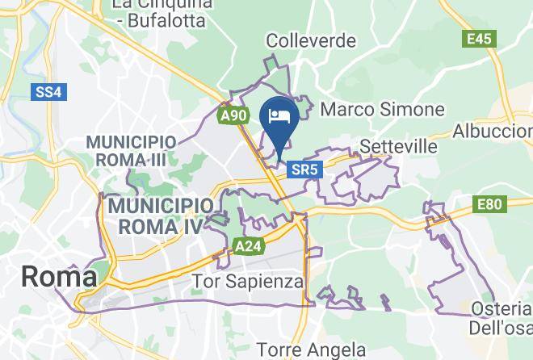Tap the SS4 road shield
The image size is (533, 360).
click(48, 92)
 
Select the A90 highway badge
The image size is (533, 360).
click(233, 116)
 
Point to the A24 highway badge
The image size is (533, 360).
click(247, 244)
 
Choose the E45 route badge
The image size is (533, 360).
click(479, 38)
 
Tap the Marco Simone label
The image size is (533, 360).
click(383, 109)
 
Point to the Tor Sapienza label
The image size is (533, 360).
click(249, 282)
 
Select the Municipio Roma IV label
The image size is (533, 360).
click(155, 216)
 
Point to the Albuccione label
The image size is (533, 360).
click(494, 132)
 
